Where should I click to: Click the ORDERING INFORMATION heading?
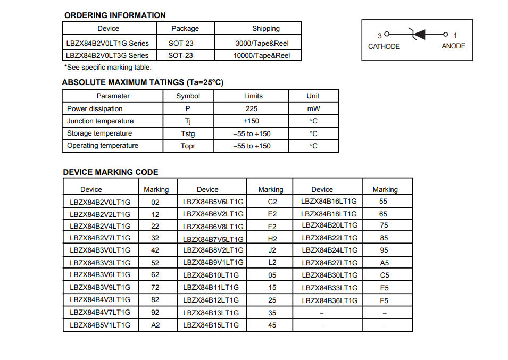click(x=115, y=15)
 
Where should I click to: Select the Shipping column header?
click(x=265, y=29)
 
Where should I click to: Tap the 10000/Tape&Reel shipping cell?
click(x=262, y=55)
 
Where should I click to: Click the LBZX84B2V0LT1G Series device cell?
click(x=107, y=43)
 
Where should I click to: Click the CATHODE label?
click(x=384, y=46)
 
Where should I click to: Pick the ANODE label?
click(x=453, y=46)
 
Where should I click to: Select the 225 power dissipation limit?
click(x=252, y=108)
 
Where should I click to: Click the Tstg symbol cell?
click(x=188, y=133)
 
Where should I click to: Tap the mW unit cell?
click(x=313, y=108)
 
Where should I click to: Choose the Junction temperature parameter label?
click(x=101, y=121)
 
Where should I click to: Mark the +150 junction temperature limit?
click(x=251, y=121)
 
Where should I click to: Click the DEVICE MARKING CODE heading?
click(x=111, y=172)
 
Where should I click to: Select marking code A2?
click(x=155, y=325)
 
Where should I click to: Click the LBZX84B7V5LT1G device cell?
click(x=213, y=239)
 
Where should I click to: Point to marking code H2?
click(x=272, y=239)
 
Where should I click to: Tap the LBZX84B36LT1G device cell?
click(x=330, y=300)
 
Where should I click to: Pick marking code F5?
click(x=384, y=300)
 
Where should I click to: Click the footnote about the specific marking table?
click(x=108, y=68)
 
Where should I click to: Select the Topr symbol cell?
click(x=188, y=146)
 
